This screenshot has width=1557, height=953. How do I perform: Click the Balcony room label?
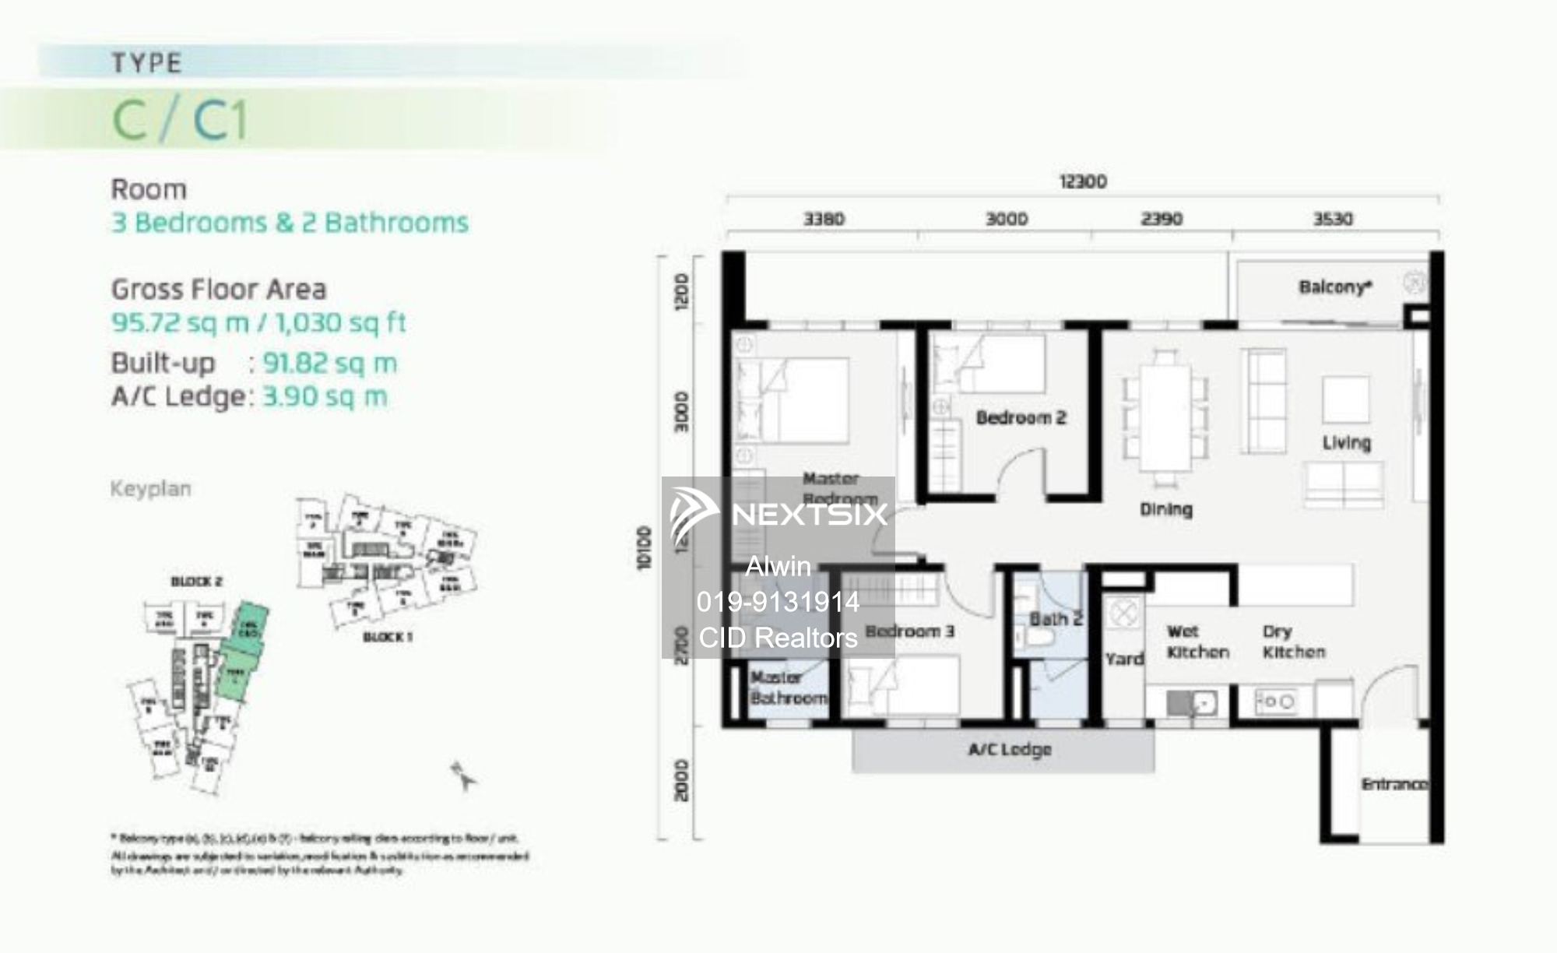tap(1334, 287)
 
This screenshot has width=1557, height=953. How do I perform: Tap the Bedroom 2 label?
tap(1021, 418)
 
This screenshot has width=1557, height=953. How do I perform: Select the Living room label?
tap(1346, 443)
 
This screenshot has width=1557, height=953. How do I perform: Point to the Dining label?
tap(1165, 509)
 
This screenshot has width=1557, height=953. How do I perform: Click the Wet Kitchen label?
tap(1197, 642)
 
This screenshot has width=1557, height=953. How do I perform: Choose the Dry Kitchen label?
tap(1293, 642)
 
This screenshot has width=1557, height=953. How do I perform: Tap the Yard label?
tap(1124, 659)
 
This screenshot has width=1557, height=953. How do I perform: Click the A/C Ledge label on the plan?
tap(1010, 749)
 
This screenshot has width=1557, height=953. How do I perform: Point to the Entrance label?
tap(1394, 784)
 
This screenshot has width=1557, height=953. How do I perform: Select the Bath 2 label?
tap(1056, 620)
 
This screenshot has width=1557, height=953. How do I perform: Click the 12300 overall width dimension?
tap(1082, 181)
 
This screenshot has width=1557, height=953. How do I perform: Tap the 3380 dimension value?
tap(824, 220)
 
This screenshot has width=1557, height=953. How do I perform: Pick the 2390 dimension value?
tap(1162, 220)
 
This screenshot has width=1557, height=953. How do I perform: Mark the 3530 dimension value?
tap(1333, 220)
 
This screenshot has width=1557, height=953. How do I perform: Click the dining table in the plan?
tap(1165, 417)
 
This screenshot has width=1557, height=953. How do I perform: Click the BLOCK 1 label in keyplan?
tap(388, 637)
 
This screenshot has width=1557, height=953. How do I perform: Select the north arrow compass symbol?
tap(462, 776)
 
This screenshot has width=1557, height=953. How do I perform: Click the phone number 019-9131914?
tap(778, 602)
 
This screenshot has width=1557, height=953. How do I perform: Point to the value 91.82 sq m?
tap(330, 364)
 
